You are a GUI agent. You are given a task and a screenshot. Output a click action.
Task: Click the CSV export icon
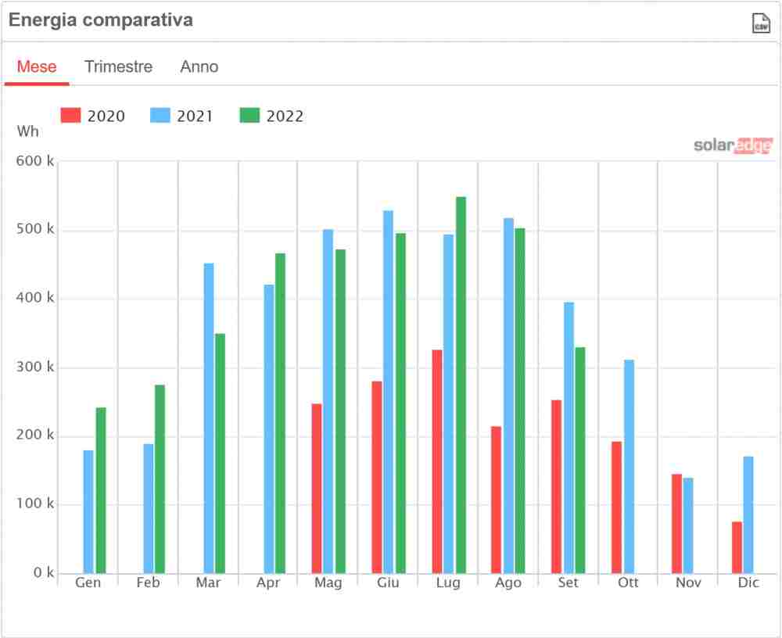[760, 23]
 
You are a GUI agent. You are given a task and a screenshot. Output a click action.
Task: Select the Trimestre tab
[118, 66]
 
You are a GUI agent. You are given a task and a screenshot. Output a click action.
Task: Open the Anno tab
[199, 66]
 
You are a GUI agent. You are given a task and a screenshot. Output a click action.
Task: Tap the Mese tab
[37, 66]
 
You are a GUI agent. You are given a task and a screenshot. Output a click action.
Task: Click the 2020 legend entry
[93, 116]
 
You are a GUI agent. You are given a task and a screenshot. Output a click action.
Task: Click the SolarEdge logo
[733, 145]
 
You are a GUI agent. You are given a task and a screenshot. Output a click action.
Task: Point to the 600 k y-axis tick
[34, 161]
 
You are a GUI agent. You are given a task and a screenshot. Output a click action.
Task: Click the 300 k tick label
[34, 367]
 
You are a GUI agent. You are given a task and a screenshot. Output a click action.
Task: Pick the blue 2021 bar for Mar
[209, 418]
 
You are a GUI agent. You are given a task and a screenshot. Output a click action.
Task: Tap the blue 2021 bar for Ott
[629, 467]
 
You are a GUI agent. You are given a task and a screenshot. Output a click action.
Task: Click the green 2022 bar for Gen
[101, 490]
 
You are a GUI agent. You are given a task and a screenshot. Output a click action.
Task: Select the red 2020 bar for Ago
[497, 500]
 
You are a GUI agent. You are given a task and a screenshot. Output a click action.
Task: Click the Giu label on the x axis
[388, 583]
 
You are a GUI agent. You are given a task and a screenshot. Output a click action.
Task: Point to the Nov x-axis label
[688, 583]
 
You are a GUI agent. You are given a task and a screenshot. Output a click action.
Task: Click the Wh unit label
[27, 131]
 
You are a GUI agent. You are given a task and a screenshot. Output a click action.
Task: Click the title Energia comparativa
[100, 21]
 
